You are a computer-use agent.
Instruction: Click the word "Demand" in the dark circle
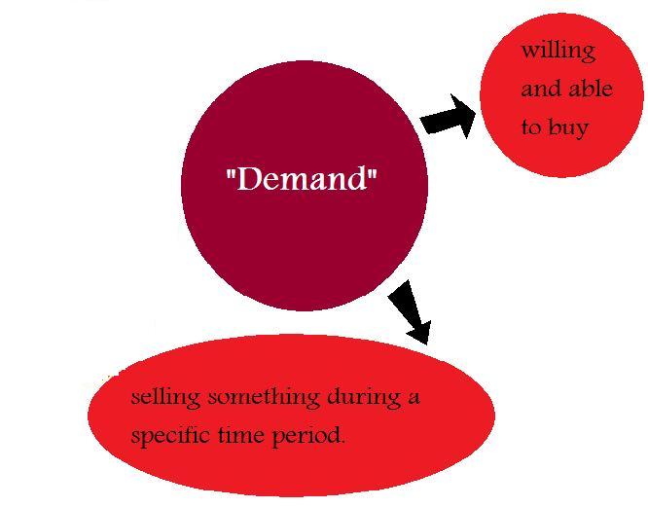click(x=302, y=180)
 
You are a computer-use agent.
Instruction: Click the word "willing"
click(x=558, y=51)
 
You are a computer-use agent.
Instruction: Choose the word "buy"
click(x=569, y=127)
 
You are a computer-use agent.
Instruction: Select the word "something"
click(x=258, y=397)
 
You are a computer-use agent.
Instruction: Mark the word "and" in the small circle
click(x=541, y=89)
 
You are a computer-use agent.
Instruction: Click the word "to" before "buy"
click(x=530, y=127)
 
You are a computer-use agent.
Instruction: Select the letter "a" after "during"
click(x=414, y=398)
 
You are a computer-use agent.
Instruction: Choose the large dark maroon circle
click(x=304, y=243)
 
